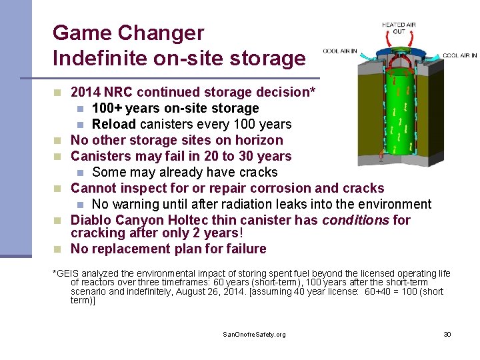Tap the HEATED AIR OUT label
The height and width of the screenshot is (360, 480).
pyautogui.click(x=399, y=28)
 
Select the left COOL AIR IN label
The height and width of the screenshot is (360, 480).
pyautogui.click(x=339, y=51)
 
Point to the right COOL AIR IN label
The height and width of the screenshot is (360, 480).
pyautogui.click(x=459, y=56)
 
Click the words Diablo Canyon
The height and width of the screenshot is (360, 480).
pyautogui.click(x=117, y=220)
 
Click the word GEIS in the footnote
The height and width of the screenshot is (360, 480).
pyautogui.click(x=67, y=274)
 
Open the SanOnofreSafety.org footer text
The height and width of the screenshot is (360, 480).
pyautogui.click(x=254, y=334)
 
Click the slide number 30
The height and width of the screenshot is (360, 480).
pyautogui.click(x=447, y=334)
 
